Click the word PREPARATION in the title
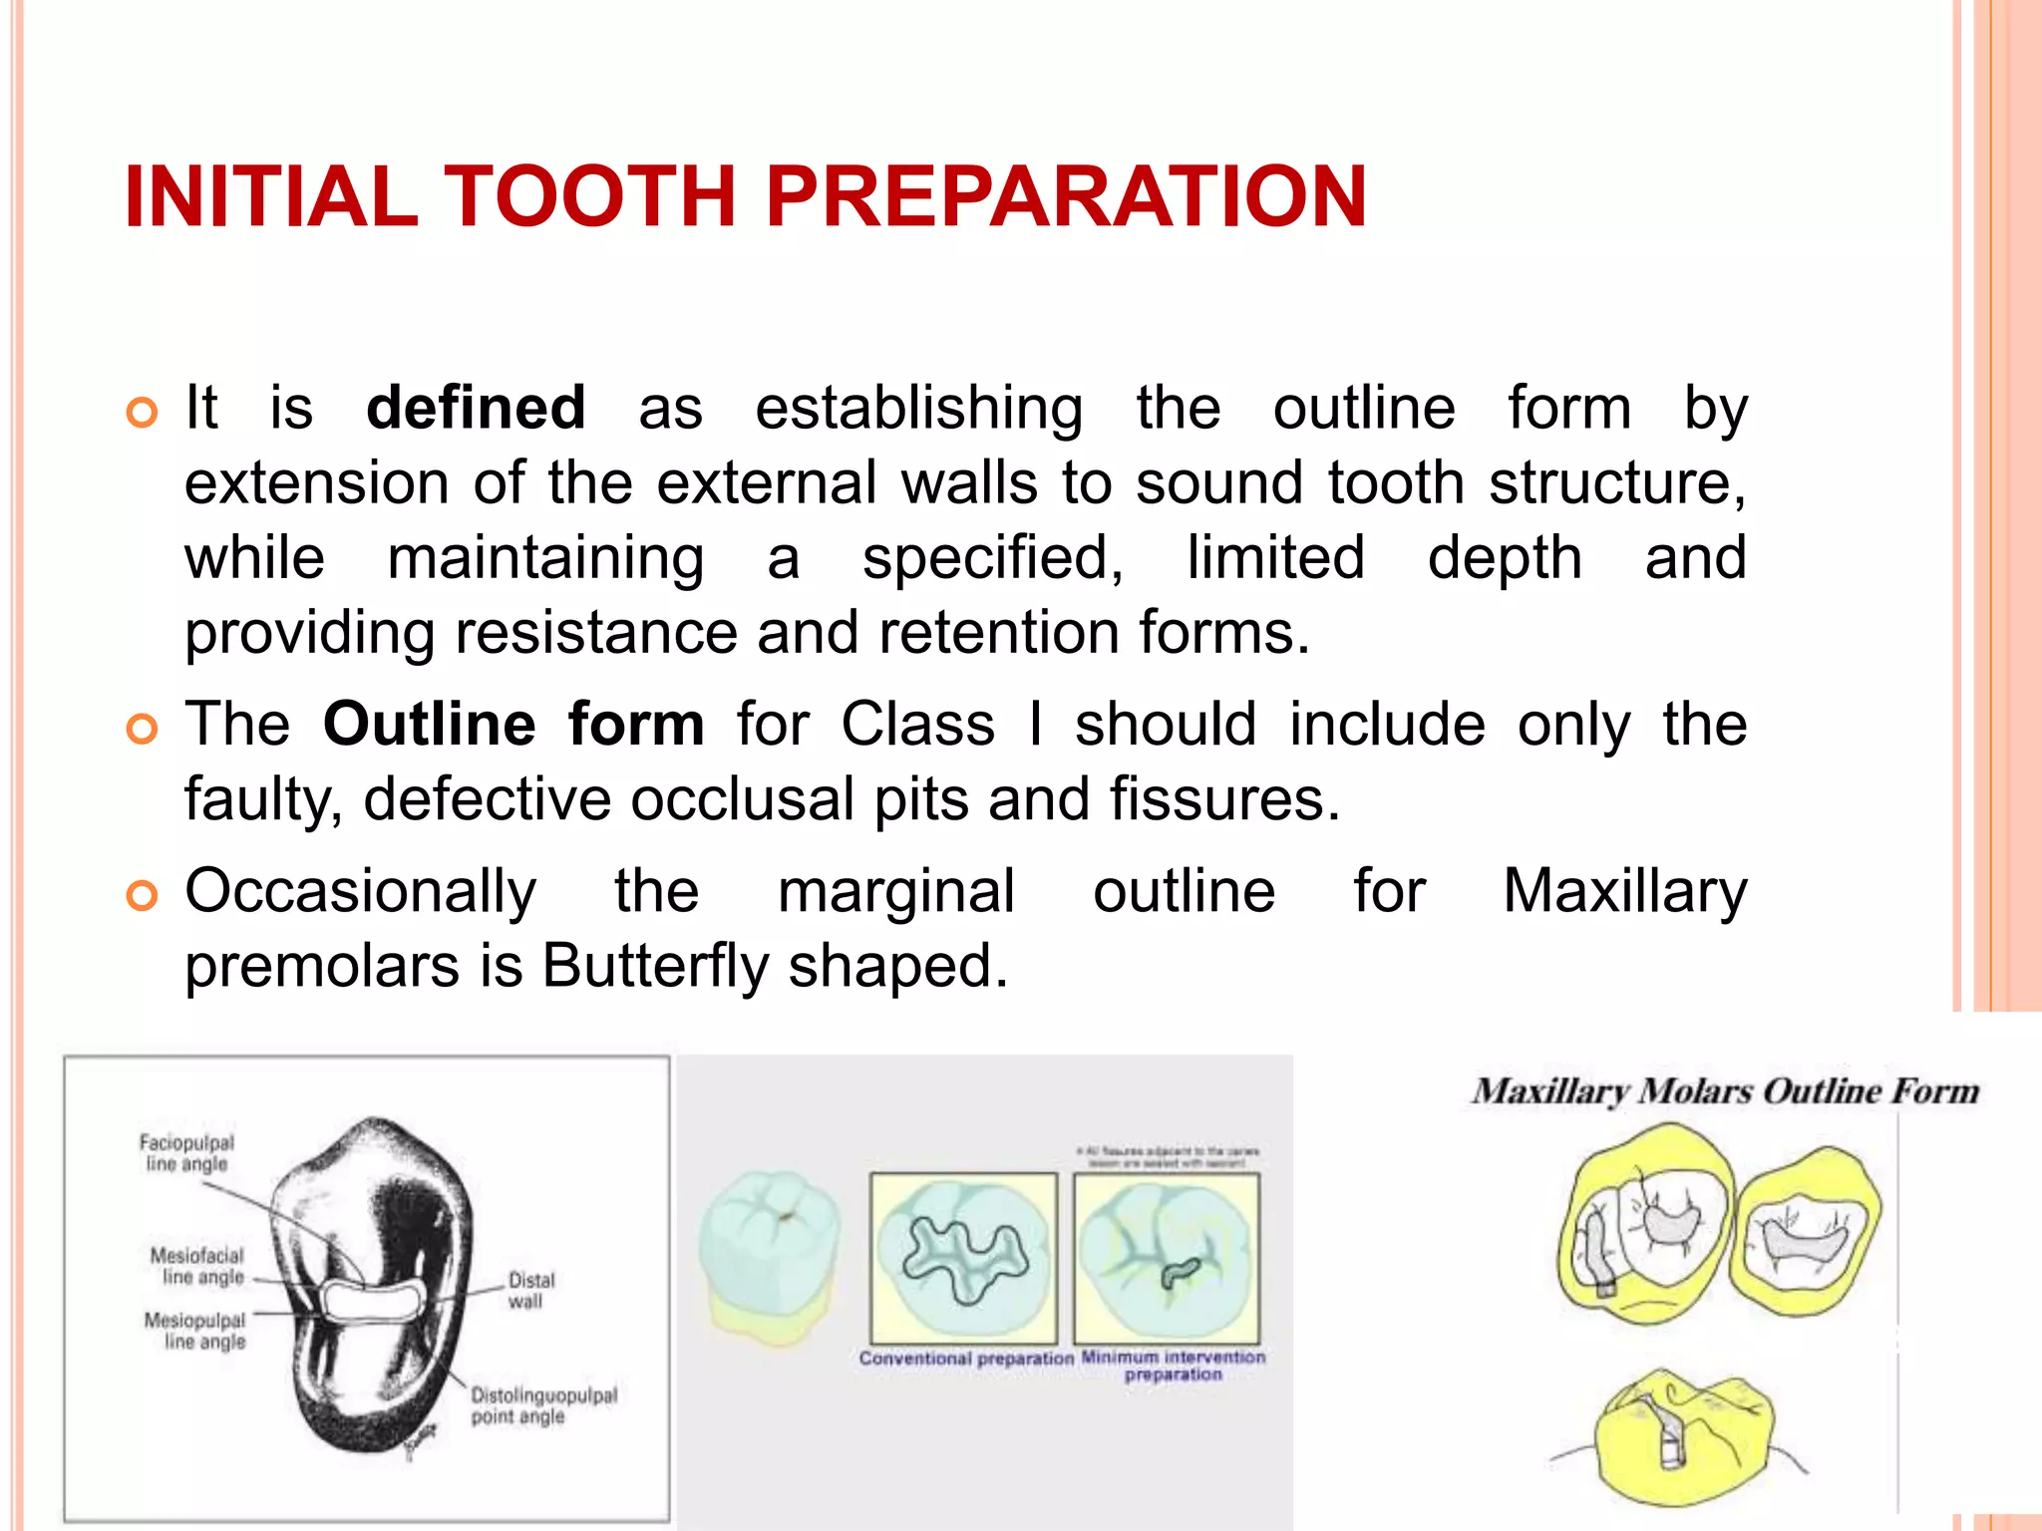point(1066,196)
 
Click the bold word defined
point(476,408)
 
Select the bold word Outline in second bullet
point(429,724)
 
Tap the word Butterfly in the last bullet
point(656,966)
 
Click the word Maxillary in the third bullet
point(1624,890)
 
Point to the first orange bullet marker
point(143,412)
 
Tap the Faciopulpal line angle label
point(186,1153)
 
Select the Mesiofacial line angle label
point(197,1266)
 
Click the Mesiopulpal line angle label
point(196,1331)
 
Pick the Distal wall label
point(530,1290)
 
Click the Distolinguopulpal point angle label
point(543,1405)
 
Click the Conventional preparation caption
point(965,1359)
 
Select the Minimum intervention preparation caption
point(1173,1366)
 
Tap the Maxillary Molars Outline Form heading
point(1725,1091)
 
